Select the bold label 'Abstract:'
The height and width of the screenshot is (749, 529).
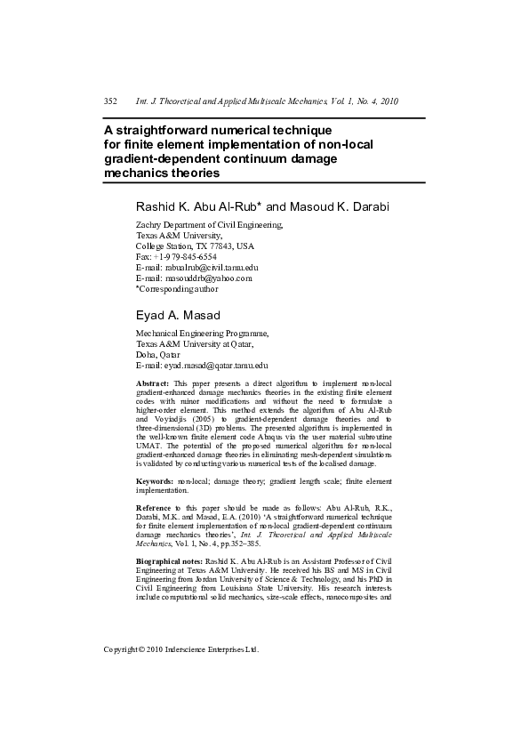[152, 383]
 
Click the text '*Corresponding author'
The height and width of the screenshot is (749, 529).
[176, 288]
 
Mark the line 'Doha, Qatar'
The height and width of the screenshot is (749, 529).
[158, 355]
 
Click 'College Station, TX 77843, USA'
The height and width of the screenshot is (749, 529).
[195, 246]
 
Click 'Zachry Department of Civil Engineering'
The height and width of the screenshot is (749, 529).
[209, 224]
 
